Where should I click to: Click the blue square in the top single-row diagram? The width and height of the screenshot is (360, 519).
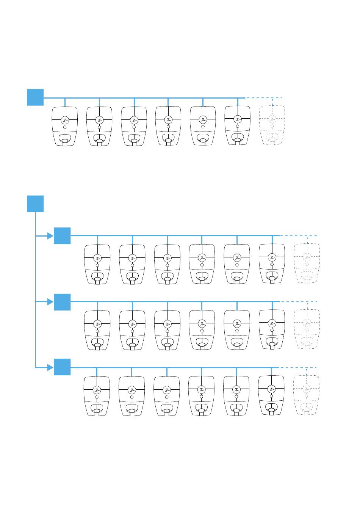(x=35, y=97)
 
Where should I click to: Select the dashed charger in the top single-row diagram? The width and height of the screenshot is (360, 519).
(x=272, y=125)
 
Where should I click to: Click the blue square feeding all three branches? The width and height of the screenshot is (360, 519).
(x=35, y=204)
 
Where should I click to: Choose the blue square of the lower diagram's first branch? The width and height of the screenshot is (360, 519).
(x=62, y=236)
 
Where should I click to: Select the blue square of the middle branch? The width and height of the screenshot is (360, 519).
(x=62, y=302)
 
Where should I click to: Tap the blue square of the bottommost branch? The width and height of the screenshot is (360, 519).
(x=62, y=367)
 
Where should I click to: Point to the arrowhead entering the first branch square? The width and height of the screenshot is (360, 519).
(x=50, y=236)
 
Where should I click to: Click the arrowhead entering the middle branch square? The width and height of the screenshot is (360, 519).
(x=50, y=302)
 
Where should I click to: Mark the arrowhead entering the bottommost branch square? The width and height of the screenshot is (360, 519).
(x=50, y=367)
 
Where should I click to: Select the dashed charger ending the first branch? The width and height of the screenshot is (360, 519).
(x=307, y=264)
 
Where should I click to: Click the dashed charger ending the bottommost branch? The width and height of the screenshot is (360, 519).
(x=306, y=395)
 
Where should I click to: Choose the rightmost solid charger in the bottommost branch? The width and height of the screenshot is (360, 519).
(x=271, y=396)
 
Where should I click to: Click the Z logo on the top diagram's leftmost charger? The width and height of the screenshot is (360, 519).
(x=65, y=120)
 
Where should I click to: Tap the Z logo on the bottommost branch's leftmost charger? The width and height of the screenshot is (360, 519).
(x=97, y=390)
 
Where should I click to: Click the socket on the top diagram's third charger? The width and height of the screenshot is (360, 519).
(x=134, y=141)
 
